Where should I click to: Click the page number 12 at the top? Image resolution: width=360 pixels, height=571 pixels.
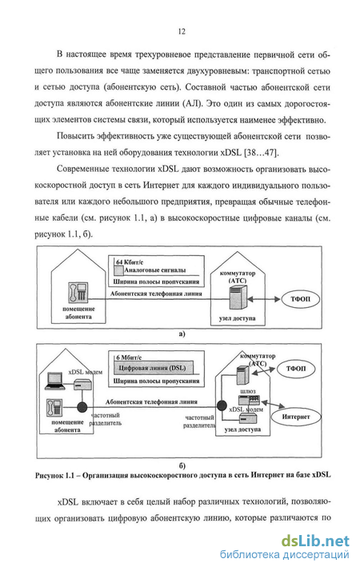(x=182, y=31)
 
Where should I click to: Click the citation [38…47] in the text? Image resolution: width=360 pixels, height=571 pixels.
(x=262, y=152)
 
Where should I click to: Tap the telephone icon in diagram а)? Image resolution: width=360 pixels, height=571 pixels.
(x=78, y=293)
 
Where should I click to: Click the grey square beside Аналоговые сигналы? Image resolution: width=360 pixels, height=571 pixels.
(x=118, y=270)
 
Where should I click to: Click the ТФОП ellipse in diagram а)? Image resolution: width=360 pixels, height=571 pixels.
(x=300, y=299)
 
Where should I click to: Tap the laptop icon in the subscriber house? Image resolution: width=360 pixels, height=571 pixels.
(x=55, y=380)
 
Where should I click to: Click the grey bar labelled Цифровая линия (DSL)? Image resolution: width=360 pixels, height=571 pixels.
(x=153, y=368)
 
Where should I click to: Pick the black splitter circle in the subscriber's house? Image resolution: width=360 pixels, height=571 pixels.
(x=82, y=407)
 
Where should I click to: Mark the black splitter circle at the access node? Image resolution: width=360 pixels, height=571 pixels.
(x=221, y=405)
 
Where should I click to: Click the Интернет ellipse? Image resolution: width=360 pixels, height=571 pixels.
(x=295, y=417)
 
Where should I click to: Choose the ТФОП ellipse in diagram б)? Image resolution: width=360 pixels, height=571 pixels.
(x=295, y=369)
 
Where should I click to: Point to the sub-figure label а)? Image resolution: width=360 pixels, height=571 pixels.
(x=182, y=333)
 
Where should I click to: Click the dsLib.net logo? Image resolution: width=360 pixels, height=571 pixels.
(x=315, y=541)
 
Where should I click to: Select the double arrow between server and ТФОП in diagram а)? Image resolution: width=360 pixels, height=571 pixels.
(x=264, y=299)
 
